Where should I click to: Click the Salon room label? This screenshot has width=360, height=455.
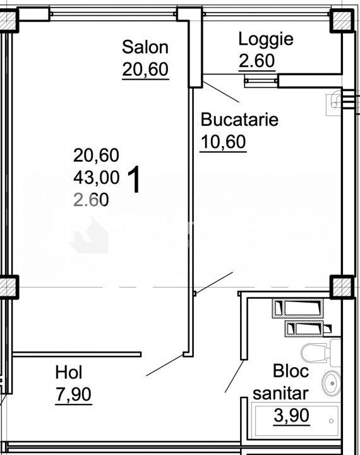pyautogui.click(x=145, y=47)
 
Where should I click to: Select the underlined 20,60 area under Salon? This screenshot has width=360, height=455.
pyautogui.click(x=145, y=70)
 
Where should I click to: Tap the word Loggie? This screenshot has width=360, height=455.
pyautogui.click(x=266, y=39)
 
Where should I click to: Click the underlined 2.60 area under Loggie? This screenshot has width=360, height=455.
pyautogui.click(x=256, y=61)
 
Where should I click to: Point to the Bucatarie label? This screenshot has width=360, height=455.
pyautogui.click(x=239, y=119)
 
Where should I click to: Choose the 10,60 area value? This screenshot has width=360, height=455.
pyautogui.click(x=224, y=142)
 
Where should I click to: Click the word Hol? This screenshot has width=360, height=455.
pyautogui.click(x=69, y=372)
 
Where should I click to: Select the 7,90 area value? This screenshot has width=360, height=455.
pyautogui.click(x=74, y=394)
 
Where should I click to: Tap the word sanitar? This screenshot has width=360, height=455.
pyautogui.click(x=280, y=394)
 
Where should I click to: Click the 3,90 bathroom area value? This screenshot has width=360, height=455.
pyautogui.click(x=292, y=416)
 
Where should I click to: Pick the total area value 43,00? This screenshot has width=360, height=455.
pyautogui.click(x=96, y=178)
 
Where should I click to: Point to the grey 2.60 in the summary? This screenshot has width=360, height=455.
pyautogui.click(x=91, y=200)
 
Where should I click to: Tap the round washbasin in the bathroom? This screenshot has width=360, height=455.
pyautogui.click(x=332, y=384)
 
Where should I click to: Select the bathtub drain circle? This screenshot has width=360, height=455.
pyautogui.click(x=332, y=421)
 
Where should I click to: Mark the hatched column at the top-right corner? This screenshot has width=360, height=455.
pyautogui.click(x=342, y=21)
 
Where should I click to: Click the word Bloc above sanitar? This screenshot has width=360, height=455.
pyautogui.click(x=291, y=372)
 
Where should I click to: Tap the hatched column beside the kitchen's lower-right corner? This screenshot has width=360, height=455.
pyautogui.click(x=342, y=287)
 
